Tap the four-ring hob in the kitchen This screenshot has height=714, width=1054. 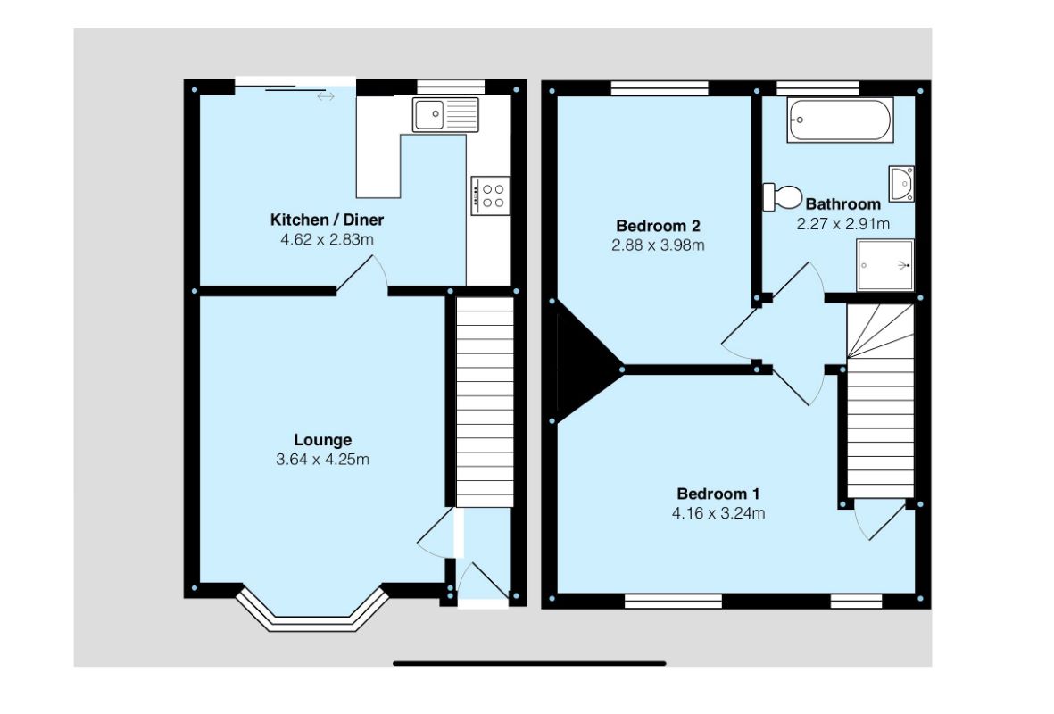[491, 195]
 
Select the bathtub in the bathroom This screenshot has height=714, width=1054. [839, 120]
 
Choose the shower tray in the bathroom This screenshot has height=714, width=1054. [885, 265]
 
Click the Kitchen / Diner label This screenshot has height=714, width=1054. [327, 220]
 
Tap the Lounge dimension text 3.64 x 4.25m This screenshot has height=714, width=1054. [322, 461]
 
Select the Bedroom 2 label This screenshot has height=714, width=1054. [658, 226]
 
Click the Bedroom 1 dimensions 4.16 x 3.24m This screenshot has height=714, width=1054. [719, 513]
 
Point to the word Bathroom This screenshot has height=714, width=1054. [843, 204]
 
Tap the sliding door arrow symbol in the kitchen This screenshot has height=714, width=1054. [325, 95]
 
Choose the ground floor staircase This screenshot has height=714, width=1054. [486, 402]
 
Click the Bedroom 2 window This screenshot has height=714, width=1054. [660, 87]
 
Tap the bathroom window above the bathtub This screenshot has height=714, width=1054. [817, 87]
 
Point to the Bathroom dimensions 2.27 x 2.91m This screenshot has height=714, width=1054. [843, 224]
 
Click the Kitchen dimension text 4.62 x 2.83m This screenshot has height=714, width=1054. [327, 239]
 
